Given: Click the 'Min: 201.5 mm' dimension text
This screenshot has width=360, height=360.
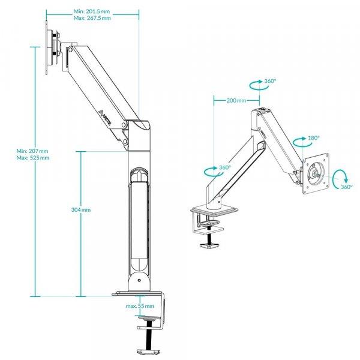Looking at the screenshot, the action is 92,11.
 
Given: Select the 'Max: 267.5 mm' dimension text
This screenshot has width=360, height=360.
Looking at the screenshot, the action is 92,18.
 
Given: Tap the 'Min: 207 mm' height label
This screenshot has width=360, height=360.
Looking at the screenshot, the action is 32,151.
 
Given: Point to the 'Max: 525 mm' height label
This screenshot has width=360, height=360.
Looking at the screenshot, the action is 33,158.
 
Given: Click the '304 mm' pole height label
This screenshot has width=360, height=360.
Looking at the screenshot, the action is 81,209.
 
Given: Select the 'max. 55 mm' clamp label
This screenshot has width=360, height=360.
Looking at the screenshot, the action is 140,306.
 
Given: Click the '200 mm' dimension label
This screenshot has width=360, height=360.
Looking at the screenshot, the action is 236,100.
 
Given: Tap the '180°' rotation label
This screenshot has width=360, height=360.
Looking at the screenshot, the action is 314,138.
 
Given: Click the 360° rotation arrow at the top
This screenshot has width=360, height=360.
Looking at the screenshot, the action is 259,85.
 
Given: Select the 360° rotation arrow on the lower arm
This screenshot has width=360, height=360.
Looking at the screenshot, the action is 213,172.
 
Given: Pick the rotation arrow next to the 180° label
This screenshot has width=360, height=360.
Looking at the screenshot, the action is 303,142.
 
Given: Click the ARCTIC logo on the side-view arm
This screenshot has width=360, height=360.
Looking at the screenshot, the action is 106,118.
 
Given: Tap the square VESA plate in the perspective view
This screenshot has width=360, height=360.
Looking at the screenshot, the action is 316,173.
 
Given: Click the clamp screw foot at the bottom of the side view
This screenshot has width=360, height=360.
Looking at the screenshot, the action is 148,352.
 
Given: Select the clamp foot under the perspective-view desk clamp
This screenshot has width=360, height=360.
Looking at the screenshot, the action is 209,246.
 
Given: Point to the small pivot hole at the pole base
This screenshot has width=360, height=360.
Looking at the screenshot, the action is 139,280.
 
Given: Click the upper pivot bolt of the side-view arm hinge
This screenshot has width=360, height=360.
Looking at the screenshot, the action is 124,125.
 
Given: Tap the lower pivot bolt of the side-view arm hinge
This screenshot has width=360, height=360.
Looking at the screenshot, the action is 125,141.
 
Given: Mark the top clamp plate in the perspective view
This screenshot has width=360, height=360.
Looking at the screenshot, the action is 214,211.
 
